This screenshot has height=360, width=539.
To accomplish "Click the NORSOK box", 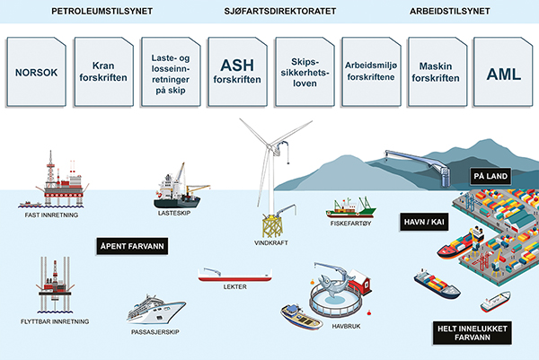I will click(x=37, y=72).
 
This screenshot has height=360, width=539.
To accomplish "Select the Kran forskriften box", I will click(x=103, y=72).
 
